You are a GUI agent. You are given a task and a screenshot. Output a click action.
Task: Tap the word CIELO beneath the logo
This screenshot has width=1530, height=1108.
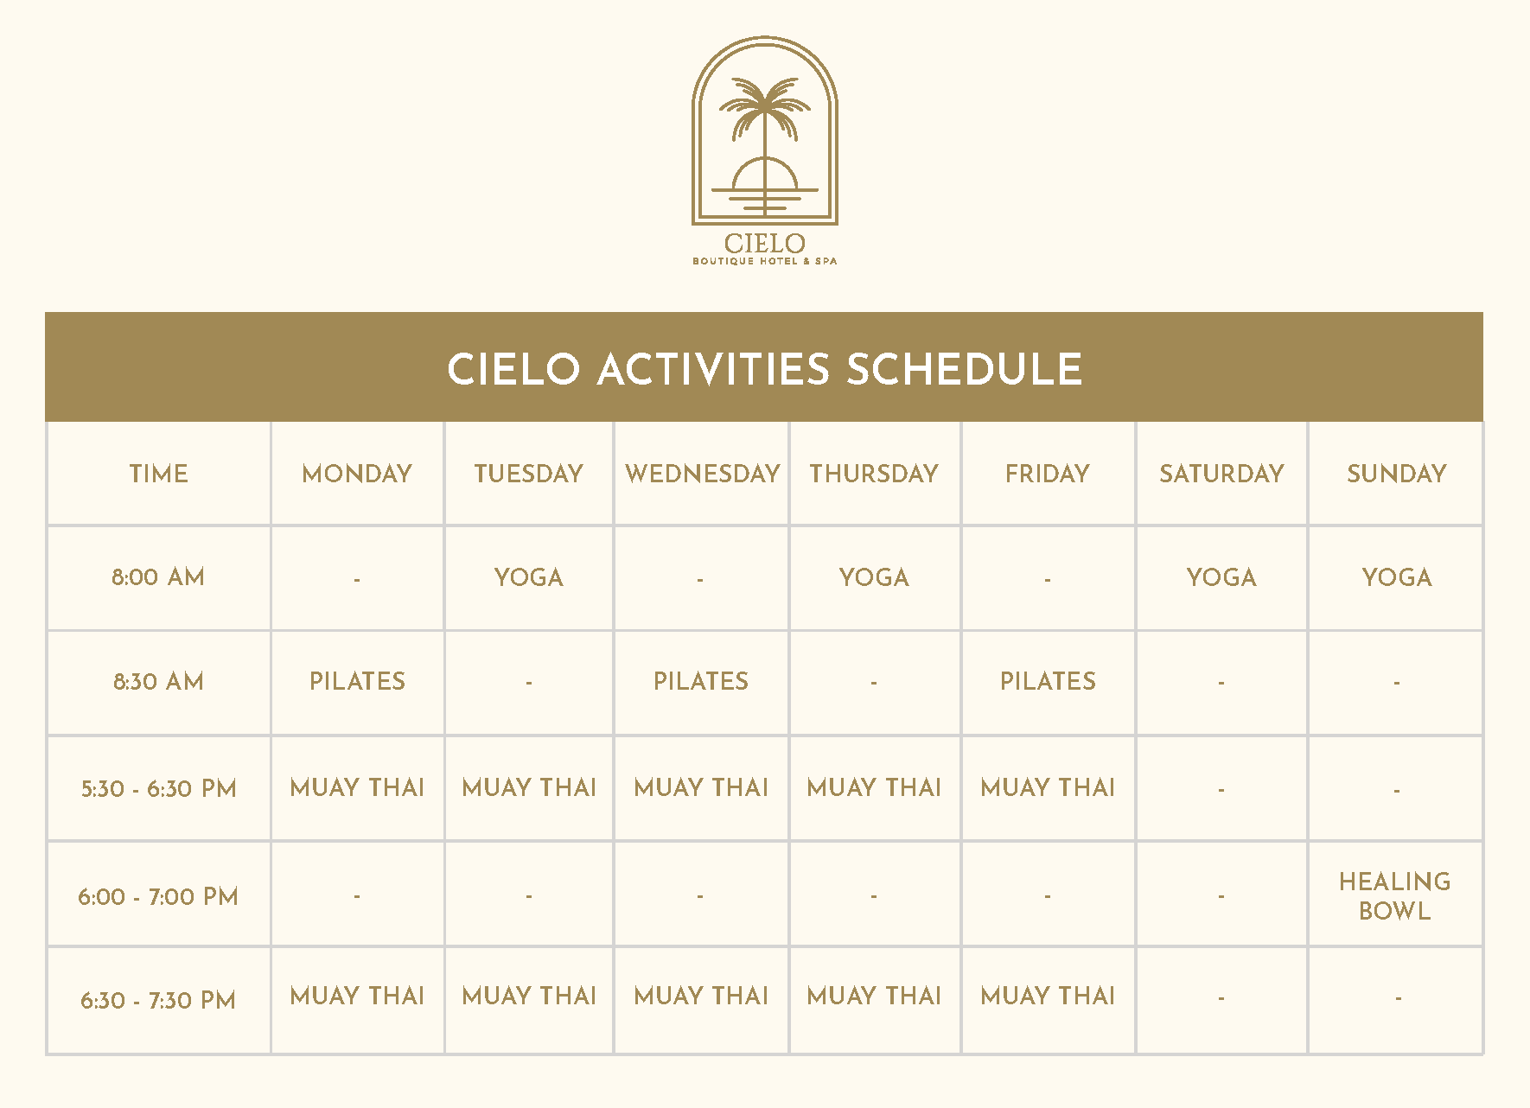point(765,244)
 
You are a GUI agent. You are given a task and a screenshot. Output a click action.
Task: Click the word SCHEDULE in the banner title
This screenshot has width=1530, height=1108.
point(964,369)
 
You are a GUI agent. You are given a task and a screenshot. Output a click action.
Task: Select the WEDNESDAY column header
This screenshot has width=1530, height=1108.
point(702,474)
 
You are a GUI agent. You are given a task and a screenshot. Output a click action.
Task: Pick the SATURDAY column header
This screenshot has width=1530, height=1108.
point(1221,474)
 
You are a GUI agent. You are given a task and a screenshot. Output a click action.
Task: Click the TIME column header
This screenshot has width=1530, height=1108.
point(158,474)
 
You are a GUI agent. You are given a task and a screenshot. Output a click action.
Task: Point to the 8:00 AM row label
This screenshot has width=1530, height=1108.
point(158,577)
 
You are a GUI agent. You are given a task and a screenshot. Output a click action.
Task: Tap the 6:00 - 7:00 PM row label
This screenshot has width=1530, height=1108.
point(158,896)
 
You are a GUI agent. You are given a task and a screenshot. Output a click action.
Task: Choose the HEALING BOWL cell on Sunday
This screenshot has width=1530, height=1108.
point(1395,896)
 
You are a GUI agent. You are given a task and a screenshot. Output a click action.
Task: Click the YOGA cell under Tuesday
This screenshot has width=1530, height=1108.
point(529,577)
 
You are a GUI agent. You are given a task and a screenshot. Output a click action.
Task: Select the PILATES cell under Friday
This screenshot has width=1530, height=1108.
point(1048,681)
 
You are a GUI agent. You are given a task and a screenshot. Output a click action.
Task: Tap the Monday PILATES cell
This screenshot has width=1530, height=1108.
point(357,681)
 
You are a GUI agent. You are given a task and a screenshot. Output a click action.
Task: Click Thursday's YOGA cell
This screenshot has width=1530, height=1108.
point(874,577)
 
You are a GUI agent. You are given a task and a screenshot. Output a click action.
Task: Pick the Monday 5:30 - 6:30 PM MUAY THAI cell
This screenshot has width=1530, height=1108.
point(357,787)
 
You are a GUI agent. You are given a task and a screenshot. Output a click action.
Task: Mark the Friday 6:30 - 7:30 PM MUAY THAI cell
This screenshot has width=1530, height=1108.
point(1048,996)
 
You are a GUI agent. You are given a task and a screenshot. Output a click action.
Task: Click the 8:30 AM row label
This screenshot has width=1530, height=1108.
point(158,681)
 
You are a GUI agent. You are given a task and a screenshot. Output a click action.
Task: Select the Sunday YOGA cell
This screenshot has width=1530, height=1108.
point(1397,577)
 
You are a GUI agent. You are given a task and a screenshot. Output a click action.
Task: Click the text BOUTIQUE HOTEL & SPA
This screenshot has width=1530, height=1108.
point(765,261)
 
